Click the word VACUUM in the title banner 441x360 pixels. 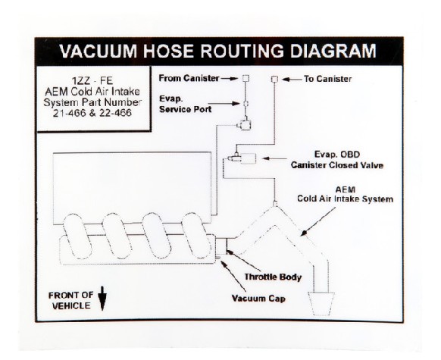click(x=99, y=51)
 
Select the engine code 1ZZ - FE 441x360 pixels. click(x=92, y=81)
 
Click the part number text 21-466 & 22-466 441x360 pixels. click(x=92, y=113)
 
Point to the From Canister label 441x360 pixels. click(x=189, y=78)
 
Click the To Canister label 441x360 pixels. click(x=327, y=79)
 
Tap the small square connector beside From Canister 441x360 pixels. click(x=246, y=78)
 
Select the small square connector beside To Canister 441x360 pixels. click(x=274, y=80)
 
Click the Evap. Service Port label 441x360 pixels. click(x=186, y=104)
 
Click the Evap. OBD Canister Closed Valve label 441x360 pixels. click(x=337, y=159)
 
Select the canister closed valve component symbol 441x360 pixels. click(x=242, y=158)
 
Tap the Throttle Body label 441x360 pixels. click(x=273, y=277)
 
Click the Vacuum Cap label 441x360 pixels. click(x=258, y=299)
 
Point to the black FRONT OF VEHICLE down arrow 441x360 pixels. click(x=102, y=299)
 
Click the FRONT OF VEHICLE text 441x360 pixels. click(x=70, y=300)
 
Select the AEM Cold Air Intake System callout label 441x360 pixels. click(x=345, y=194)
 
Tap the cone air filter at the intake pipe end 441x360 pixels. click(x=321, y=304)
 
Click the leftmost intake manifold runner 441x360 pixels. click(x=77, y=236)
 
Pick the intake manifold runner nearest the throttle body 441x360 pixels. click(x=196, y=236)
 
